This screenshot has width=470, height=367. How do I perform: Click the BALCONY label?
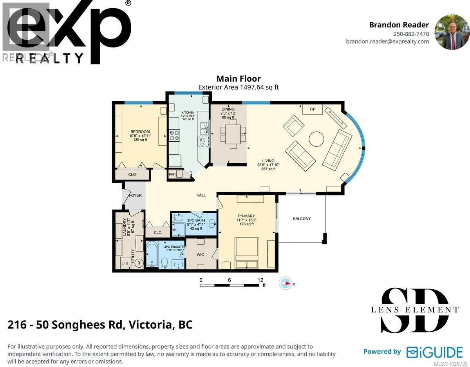(302, 219)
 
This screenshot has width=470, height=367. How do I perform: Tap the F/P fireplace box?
(313, 109)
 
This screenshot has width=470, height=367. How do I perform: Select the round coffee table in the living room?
(316, 139)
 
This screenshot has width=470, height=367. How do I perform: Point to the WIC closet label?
(200, 254)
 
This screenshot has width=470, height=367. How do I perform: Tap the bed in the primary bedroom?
(246, 253)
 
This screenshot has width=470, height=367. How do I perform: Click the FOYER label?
(135, 195)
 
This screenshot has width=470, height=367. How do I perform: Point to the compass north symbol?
(286, 283)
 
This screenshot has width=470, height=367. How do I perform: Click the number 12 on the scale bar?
(260, 280)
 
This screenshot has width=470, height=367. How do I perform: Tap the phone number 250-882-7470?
(411, 34)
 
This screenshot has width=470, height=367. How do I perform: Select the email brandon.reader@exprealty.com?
(387, 42)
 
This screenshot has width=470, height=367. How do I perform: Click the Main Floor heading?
(239, 79)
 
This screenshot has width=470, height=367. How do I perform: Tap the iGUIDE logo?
(434, 352)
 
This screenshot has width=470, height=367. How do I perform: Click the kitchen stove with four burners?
(174, 135)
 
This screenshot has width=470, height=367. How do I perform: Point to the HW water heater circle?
(139, 264)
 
